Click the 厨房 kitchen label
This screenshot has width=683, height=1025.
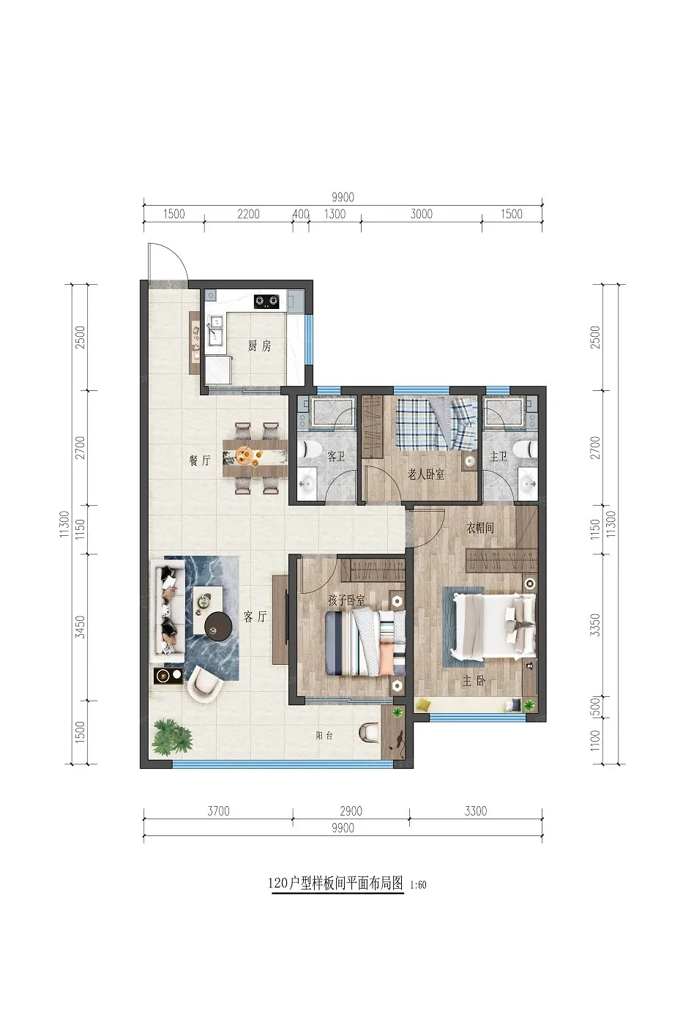click(x=259, y=346)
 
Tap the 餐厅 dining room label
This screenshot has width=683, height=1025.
click(x=200, y=461)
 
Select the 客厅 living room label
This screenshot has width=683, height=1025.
click(x=255, y=616)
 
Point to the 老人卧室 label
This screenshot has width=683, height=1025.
click(x=426, y=474)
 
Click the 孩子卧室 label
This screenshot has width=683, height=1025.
click(x=346, y=600)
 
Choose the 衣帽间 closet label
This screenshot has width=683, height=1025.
click(x=480, y=528)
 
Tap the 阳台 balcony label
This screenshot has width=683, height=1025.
click(x=324, y=736)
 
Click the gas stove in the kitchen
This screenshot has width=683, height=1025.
click(x=266, y=301)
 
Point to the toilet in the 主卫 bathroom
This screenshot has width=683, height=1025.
click(x=526, y=450)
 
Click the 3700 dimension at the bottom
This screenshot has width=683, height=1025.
click(x=219, y=811)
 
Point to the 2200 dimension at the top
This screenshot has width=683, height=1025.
click(x=248, y=214)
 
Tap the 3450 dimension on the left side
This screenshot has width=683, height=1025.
click(x=81, y=627)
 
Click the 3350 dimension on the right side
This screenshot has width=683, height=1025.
click(x=595, y=625)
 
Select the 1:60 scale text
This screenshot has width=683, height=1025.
click(x=418, y=884)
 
